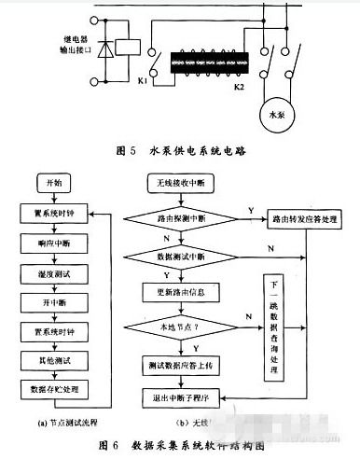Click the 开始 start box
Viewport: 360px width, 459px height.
tap(48, 181)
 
